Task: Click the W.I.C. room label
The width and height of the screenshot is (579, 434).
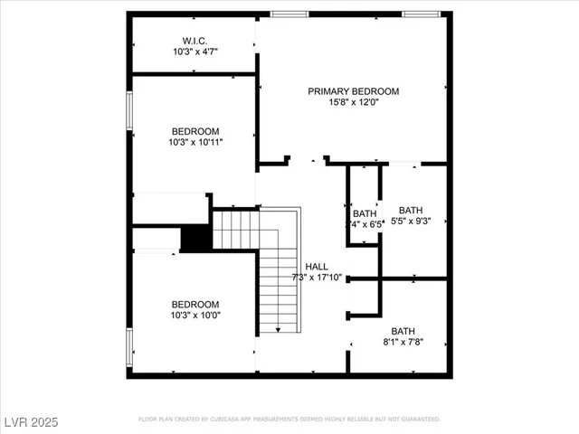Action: point(195,41)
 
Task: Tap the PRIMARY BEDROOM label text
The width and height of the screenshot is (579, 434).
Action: point(353,91)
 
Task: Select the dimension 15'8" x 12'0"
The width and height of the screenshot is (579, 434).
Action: point(353,103)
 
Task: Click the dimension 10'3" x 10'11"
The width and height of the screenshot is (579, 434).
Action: point(195,142)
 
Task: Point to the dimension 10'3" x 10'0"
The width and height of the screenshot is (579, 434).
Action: point(195,315)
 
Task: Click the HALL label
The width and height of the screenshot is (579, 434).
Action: point(317,266)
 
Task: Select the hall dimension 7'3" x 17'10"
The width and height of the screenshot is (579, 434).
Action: point(317,278)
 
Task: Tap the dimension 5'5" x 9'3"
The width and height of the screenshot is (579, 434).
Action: point(411,221)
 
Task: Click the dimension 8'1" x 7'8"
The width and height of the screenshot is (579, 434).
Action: point(407,342)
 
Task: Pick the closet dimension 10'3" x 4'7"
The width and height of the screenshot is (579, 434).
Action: point(195,52)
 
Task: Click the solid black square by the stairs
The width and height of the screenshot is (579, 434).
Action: point(195,238)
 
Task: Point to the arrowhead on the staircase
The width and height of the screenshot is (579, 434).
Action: point(278,331)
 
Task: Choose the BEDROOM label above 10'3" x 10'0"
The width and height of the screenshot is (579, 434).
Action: point(195,304)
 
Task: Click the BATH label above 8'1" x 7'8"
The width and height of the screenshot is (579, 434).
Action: point(403,331)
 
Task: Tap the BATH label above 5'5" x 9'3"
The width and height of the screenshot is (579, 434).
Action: point(411,210)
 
